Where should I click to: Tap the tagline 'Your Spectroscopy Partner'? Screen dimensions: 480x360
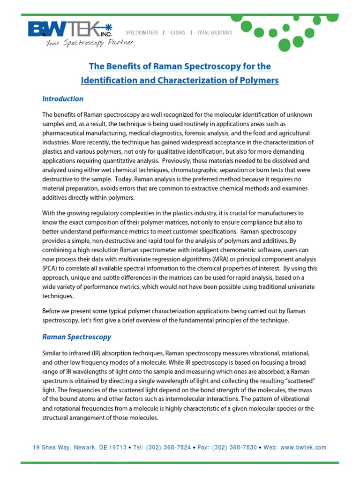coord(89,43)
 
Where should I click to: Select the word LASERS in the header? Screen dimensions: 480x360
coord(178,33)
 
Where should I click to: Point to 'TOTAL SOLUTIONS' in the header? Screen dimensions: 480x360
coord(214,33)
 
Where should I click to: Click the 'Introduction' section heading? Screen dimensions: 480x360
coord(63,99)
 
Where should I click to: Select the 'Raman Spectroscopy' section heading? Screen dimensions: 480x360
coord(77,337)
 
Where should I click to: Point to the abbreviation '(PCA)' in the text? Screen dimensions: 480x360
coord(51,268)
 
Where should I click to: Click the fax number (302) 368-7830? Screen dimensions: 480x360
coord(234,448)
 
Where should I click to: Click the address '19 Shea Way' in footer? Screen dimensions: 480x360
coord(50,448)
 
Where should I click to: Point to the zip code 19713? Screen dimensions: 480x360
coord(116,448)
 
